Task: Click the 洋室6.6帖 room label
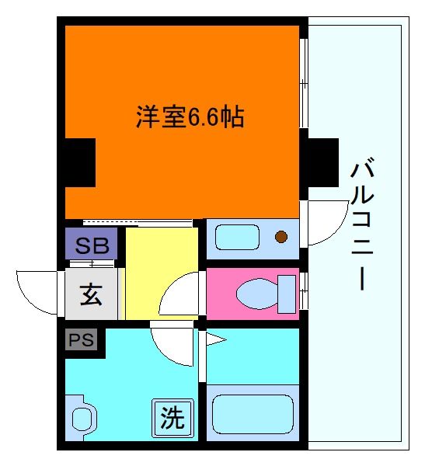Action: coord(190,117)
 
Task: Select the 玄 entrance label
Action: coord(90,295)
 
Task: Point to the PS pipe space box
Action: coord(80,340)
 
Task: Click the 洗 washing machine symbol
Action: coord(172,419)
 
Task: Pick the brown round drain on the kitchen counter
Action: coord(282,236)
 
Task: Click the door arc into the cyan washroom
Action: coord(169,346)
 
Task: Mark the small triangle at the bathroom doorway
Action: coord(214,339)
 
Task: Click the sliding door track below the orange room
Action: coord(138,224)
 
